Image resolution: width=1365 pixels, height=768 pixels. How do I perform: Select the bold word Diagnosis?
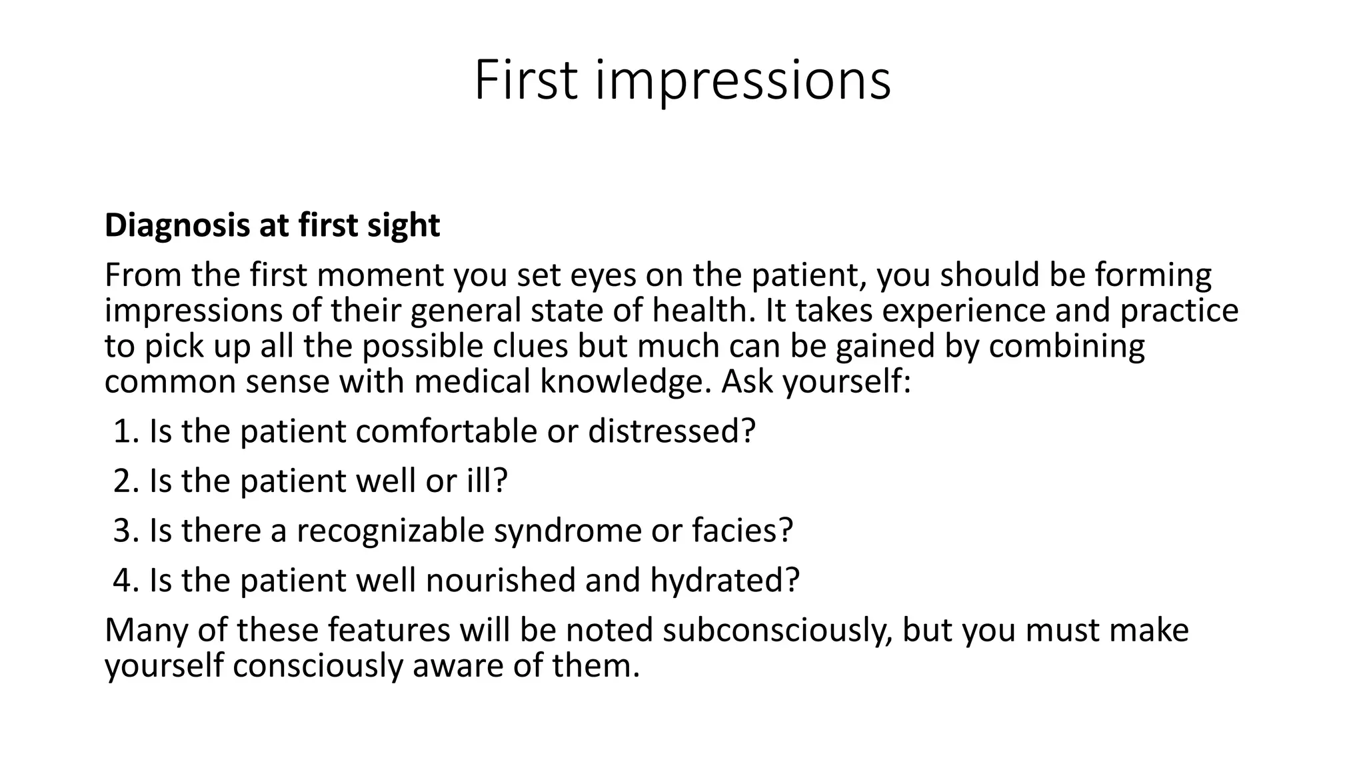(x=177, y=226)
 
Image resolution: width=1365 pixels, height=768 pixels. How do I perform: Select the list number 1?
(x=124, y=431)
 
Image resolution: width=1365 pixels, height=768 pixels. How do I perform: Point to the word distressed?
(x=671, y=431)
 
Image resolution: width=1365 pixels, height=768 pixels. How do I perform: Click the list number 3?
(x=124, y=531)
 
